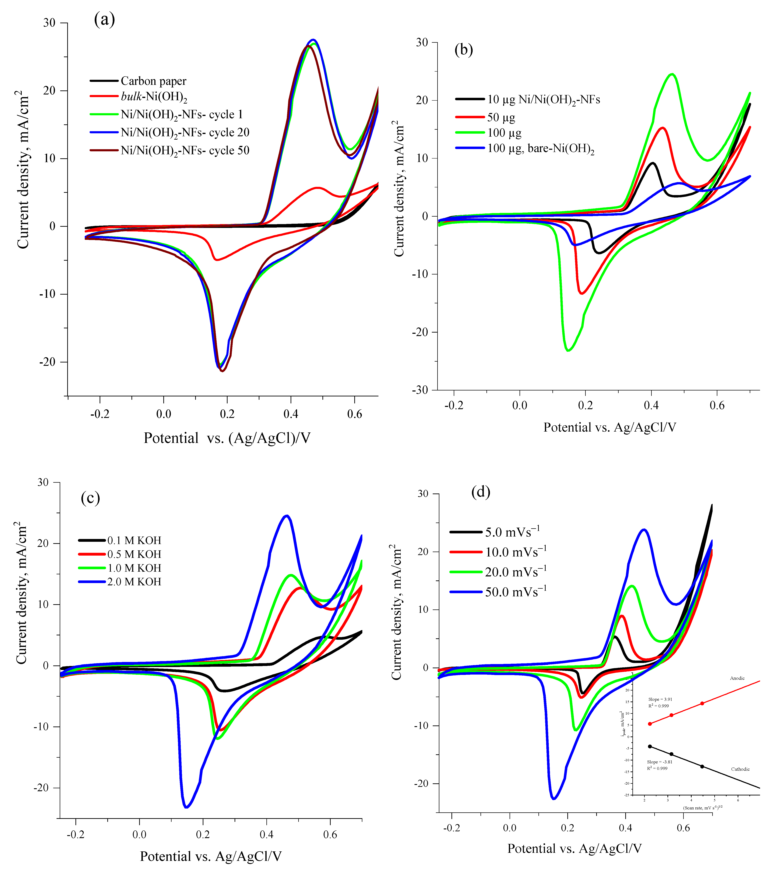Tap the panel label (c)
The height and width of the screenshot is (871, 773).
[90, 498]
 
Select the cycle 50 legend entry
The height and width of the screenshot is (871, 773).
[185, 150]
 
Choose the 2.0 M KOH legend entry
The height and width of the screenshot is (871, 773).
[134, 582]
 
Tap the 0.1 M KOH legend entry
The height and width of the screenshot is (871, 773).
[134, 540]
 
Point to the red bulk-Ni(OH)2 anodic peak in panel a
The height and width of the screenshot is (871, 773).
[318, 188]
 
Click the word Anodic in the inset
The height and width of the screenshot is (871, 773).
[737, 678]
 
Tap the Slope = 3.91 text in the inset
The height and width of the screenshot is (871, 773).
[660, 699]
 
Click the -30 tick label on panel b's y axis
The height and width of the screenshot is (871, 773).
[420, 390]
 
